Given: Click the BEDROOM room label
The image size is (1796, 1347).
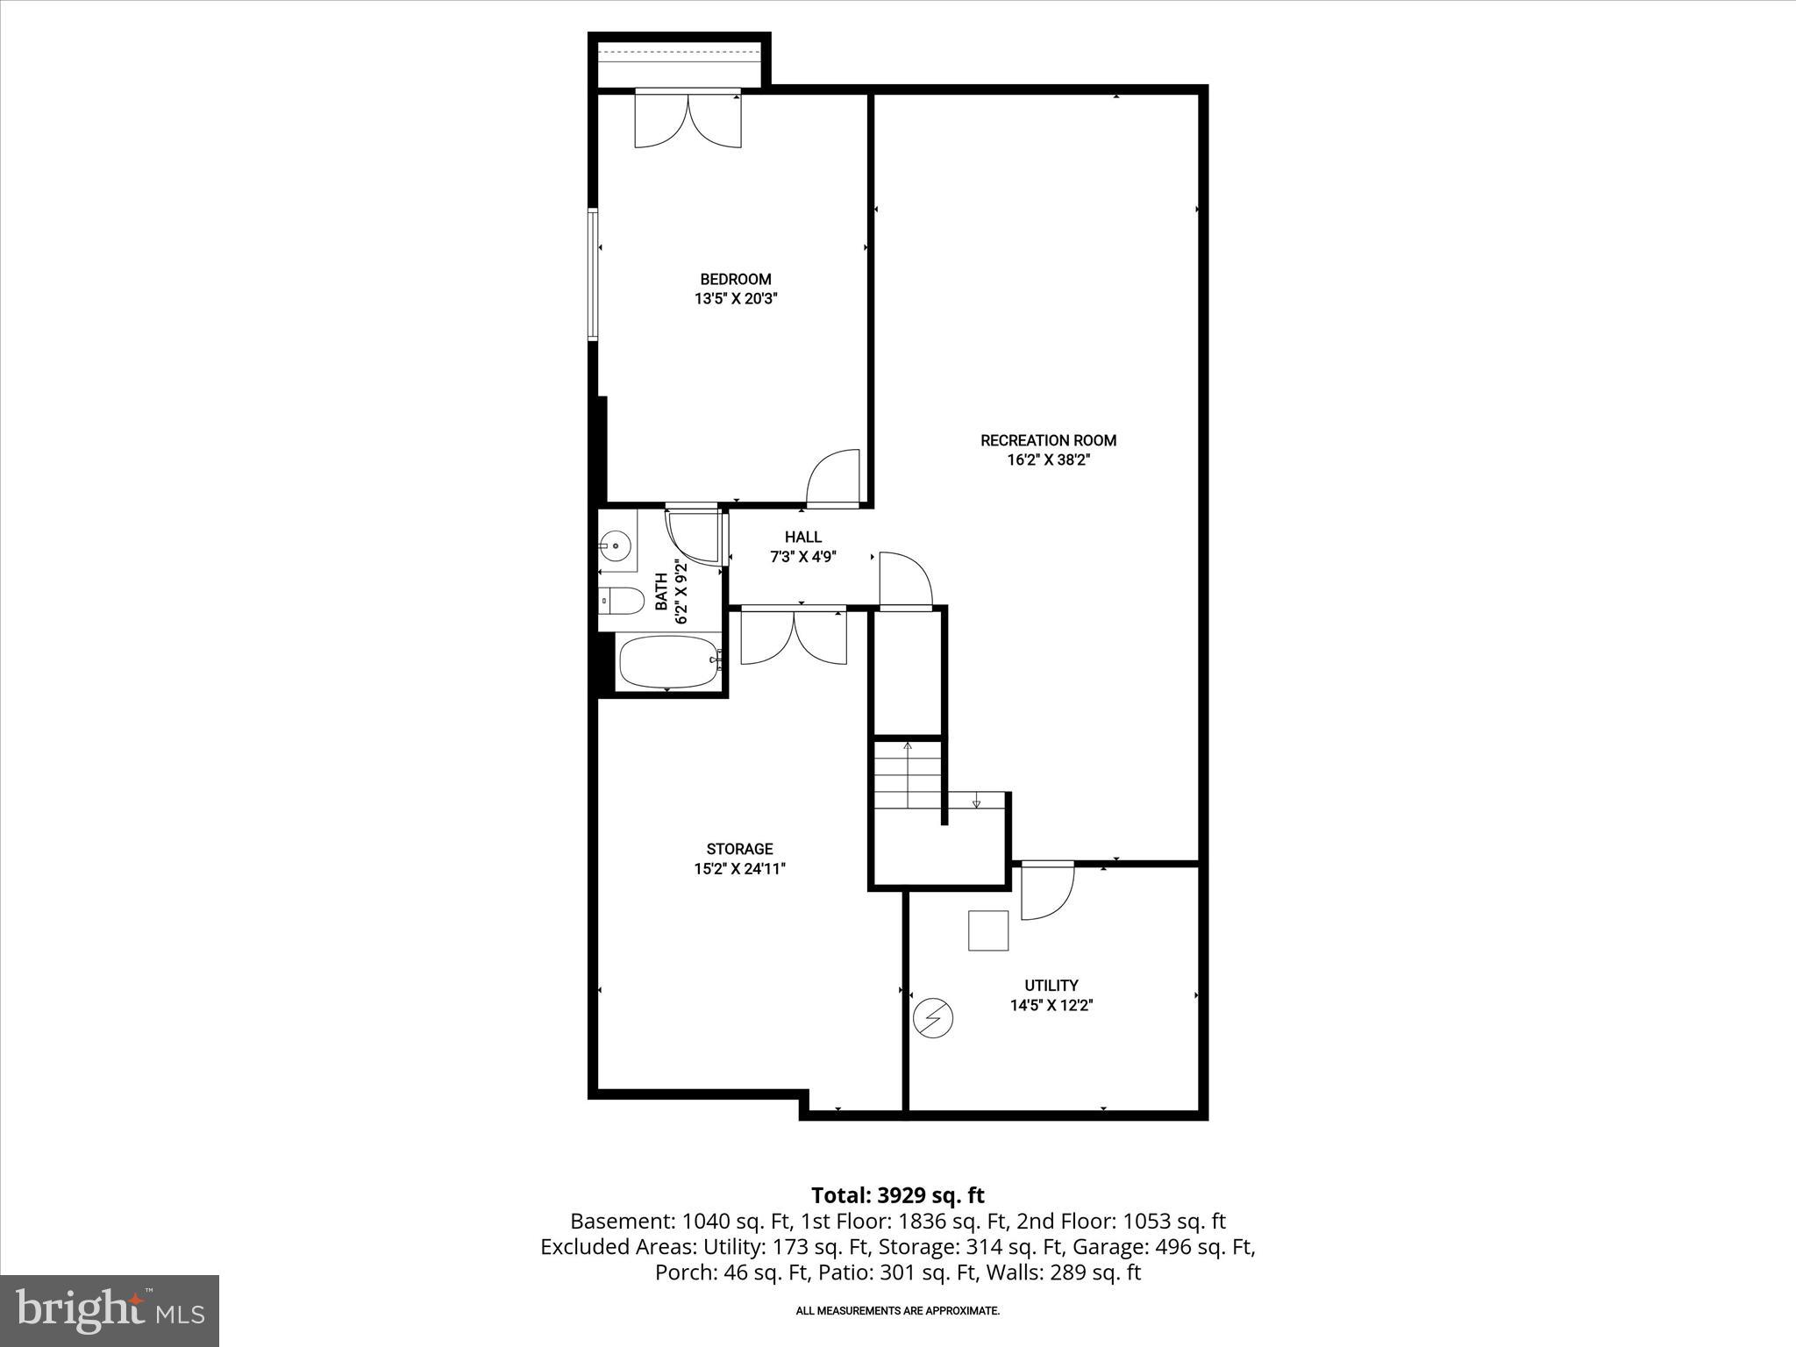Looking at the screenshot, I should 736,280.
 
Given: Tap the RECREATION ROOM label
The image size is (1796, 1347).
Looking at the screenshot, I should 1048,440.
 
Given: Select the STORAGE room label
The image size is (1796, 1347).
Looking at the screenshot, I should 739,849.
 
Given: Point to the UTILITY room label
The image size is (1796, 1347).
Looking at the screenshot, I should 1051,986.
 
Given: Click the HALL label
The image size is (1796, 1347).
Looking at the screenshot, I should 803,537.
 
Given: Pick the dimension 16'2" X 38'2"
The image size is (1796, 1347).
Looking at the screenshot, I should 1048,460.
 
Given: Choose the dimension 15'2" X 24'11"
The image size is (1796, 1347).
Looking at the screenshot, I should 739,869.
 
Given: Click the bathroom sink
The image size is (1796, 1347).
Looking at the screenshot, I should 616,546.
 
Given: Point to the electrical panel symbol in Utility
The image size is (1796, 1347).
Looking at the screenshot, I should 933,1018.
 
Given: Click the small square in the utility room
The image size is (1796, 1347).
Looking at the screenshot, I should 988,930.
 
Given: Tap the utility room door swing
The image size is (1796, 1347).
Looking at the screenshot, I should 1047,892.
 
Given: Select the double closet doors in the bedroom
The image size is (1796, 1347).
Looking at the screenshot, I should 688,120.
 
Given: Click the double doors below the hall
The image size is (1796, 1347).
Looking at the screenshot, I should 794,637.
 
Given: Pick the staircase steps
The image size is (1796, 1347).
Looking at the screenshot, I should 909,775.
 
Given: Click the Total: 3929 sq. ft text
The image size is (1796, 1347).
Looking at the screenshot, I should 897,1195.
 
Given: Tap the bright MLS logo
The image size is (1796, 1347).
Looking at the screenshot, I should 110,1310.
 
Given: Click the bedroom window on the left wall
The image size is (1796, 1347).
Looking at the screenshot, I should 594,274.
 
